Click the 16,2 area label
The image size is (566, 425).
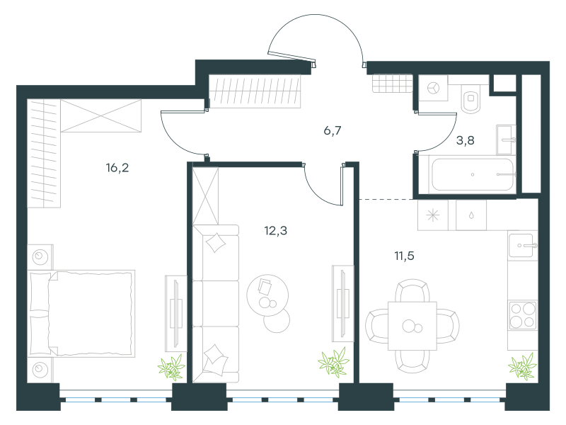(117, 168)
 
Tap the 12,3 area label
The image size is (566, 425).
(276, 231)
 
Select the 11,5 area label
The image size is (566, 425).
(404, 256)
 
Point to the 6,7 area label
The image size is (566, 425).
(333, 130)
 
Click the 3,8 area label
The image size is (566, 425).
(466, 140)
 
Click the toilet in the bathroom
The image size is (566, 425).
(470, 98)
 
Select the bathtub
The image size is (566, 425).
(473, 174)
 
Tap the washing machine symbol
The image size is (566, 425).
(433, 88)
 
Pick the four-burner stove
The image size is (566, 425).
(522, 314)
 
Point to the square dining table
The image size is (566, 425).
(412, 326)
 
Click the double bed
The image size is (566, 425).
(81, 313)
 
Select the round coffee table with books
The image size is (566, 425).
(267, 295)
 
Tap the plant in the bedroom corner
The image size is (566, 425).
(171, 367)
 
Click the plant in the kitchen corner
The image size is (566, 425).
(522, 367)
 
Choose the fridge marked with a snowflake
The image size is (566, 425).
(433, 215)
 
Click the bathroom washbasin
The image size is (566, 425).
(506, 140)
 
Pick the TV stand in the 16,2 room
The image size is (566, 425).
(175, 313)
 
